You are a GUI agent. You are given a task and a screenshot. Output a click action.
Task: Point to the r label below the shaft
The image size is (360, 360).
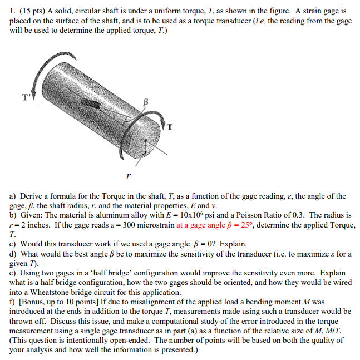(x=129, y=175)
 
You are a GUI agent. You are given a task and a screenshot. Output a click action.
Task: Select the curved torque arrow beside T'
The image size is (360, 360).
(x=34, y=73)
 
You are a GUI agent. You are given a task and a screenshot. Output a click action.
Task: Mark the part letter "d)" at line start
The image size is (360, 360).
(x=14, y=254)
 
